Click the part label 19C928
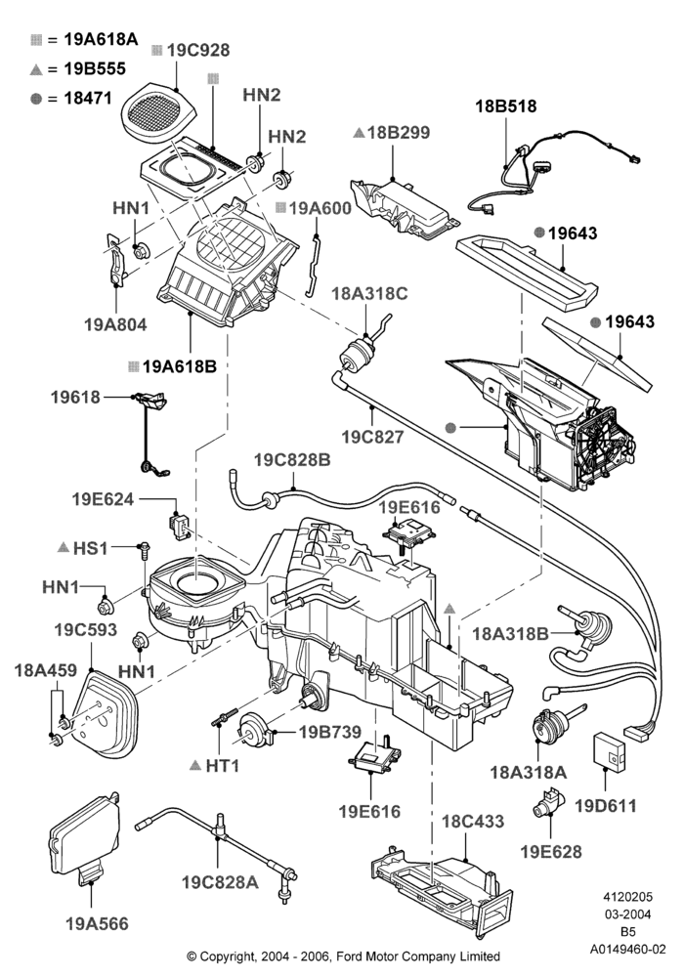[x=198, y=50]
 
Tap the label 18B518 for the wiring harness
[x=506, y=106]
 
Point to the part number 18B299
[x=399, y=133]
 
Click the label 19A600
[x=321, y=208]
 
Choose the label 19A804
[x=116, y=324]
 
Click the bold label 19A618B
[x=180, y=366]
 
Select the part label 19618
[x=75, y=397]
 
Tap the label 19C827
[x=372, y=437]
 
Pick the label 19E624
[x=103, y=499]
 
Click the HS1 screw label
[x=90, y=548]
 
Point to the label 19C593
[x=85, y=630]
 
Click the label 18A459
[x=46, y=670]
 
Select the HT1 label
[x=223, y=765]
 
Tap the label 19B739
[x=330, y=732]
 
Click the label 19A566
[x=97, y=924]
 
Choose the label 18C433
[x=473, y=822]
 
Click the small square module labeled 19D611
[x=608, y=747]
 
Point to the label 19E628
[x=551, y=852]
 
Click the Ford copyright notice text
[x=344, y=956]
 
